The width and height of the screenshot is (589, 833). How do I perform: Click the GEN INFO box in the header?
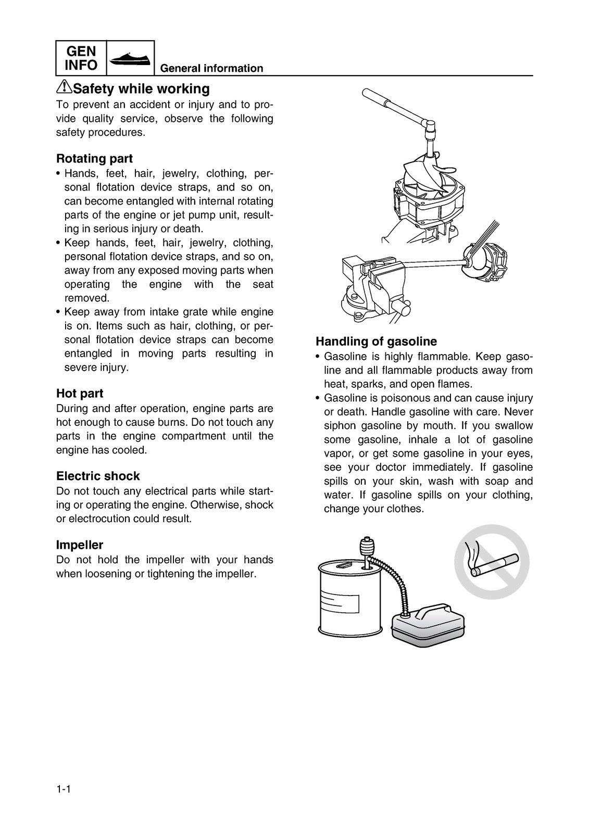click(81, 58)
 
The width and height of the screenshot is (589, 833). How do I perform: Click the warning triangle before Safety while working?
click(64, 87)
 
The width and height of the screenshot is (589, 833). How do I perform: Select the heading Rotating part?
click(94, 158)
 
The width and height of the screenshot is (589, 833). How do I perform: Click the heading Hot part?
click(80, 393)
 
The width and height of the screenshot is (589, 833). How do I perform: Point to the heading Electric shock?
click(98, 476)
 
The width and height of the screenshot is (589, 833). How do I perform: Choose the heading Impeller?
click(80, 545)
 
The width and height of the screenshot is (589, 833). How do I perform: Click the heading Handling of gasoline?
click(376, 342)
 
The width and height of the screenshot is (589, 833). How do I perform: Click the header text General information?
click(211, 68)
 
